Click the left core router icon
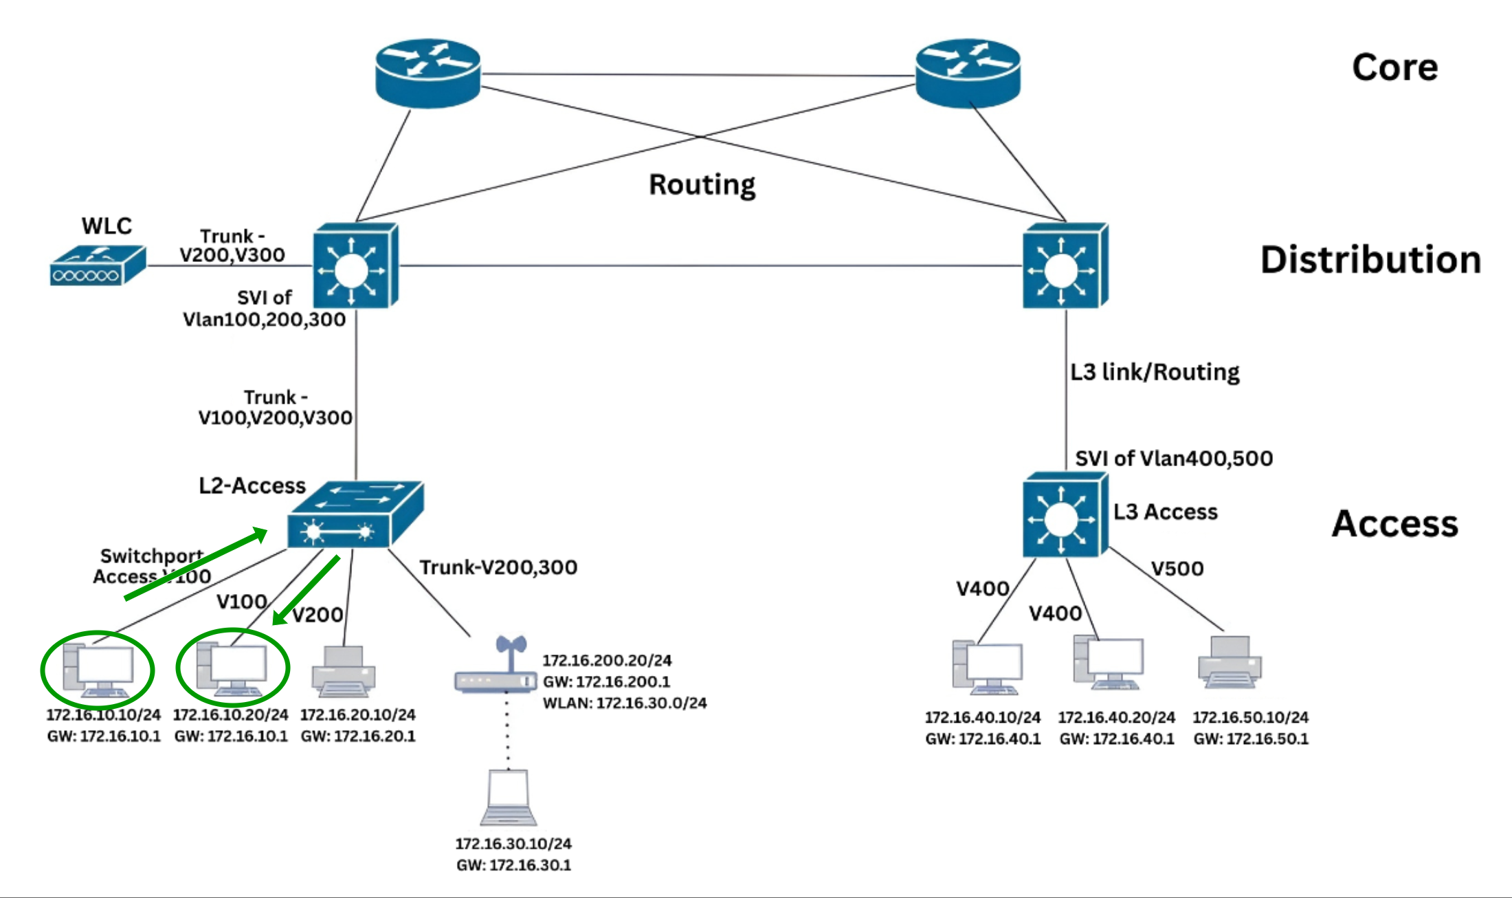coord(427,72)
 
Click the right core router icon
coord(968,72)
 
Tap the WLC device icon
coord(98,265)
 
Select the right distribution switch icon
coord(1065,266)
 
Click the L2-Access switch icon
coord(355,516)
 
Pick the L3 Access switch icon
coord(1065,514)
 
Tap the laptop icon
coord(509,798)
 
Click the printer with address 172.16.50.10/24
coord(1230,663)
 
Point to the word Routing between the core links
coord(702,185)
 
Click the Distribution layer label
coord(1370,260)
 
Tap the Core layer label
coord(1394,67)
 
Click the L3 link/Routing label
coord(1155,372)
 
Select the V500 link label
coord(1177,569)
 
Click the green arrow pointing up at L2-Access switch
coord(196,564)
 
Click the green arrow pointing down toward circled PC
coord(306,590)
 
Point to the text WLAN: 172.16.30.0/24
coord(624,703)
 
